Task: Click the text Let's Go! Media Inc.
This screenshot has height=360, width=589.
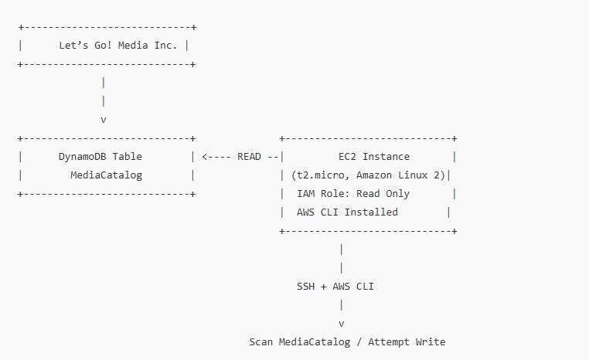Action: [118, 45]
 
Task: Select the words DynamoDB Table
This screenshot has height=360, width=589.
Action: [100, 156]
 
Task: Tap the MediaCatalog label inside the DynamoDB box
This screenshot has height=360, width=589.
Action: [106, 175]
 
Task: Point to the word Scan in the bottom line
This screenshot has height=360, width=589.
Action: [260, 341]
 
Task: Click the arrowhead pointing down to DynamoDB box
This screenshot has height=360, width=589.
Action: [103, 119]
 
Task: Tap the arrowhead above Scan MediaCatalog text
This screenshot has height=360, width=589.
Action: [341, 323]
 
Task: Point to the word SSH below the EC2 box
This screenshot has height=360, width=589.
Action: [306, 286]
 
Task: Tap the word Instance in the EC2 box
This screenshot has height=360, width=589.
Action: [386, 156]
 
